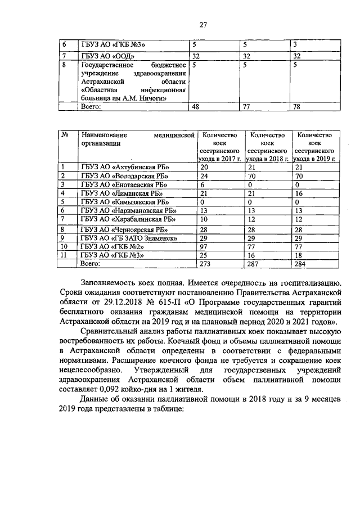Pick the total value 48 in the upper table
pyautogui.click(x=196, y=106)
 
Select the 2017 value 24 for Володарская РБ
pyautogui.click(x=204, y=176)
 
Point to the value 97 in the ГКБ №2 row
pyautogui.click(x=204, y=246)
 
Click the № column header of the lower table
pyautogui.click(x=65, y=136)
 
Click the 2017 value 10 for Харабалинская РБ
pyautogui.click(x=204, y=219)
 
